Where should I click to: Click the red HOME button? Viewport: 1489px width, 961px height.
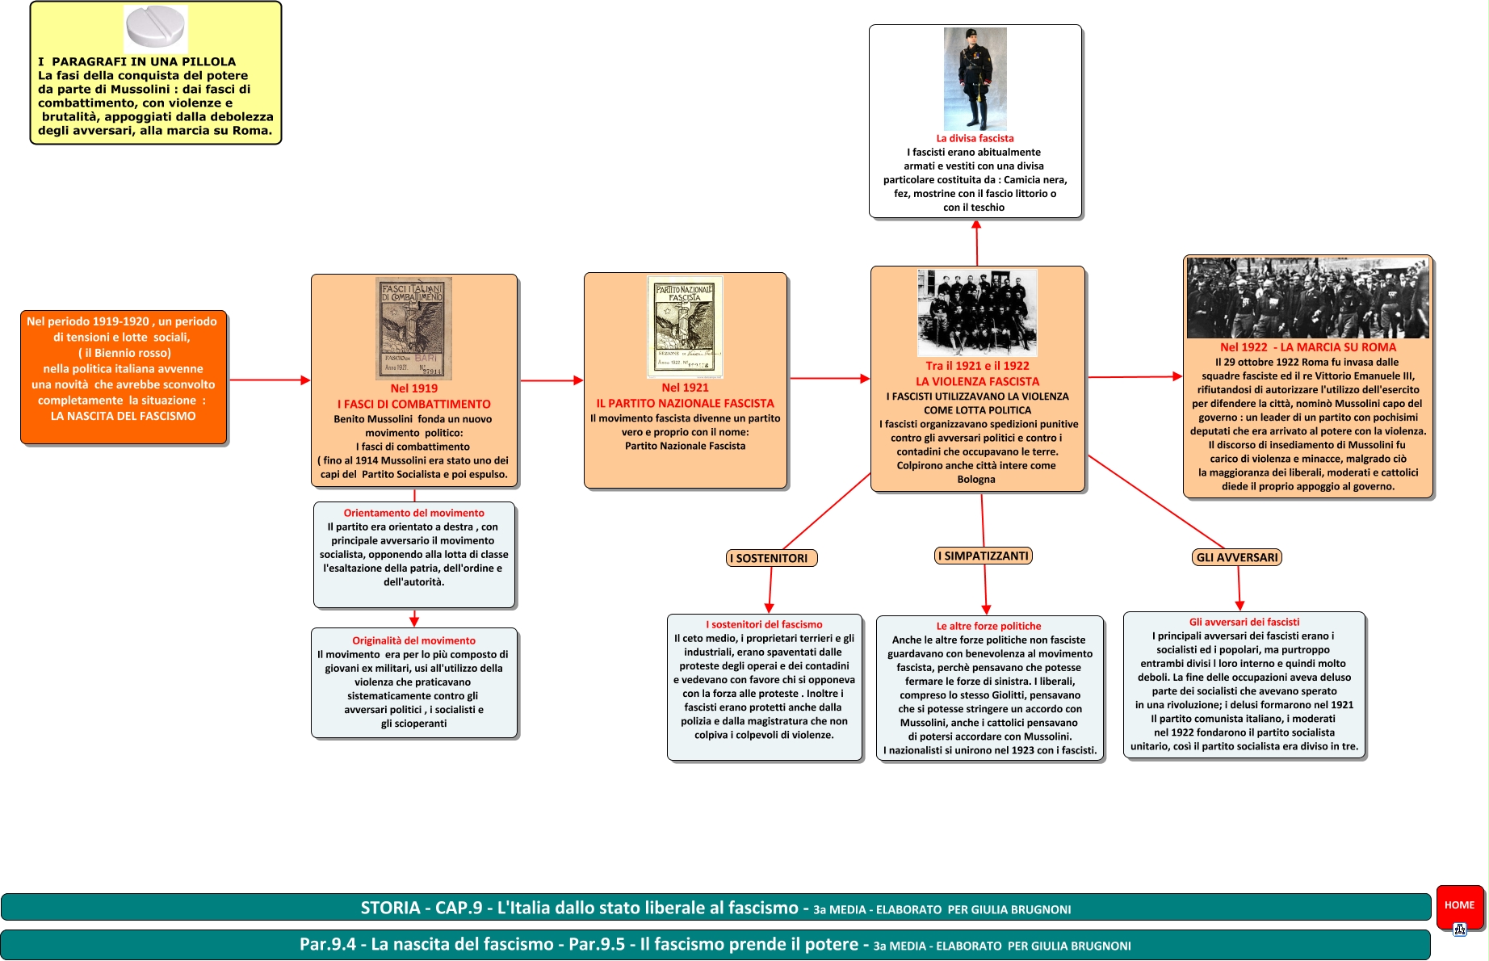[x=1459, y=905]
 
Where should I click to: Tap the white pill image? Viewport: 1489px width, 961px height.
[x=156, y=27]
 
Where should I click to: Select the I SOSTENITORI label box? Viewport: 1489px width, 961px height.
[x=771, y=558]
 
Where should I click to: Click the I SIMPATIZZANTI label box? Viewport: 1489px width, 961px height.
[x=984, y=556]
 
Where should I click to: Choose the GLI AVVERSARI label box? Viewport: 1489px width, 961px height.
[x=1237, y=557]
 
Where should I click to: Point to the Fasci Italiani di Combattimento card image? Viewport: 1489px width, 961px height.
[x=414, y=328]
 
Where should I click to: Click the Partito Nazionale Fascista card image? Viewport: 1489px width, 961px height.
[x=685, y=327]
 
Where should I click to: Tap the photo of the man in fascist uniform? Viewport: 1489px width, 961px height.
[x=975, y=79]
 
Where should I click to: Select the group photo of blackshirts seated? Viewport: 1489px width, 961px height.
[x=977, y=313]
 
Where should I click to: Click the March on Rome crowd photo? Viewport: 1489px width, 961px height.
[x=1307, y=298]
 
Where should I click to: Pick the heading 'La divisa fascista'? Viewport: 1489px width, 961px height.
[x=975, y=138]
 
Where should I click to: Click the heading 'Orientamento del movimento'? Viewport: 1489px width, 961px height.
[x=413, y=513]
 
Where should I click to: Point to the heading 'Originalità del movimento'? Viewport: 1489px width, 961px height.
[x=413, y=640]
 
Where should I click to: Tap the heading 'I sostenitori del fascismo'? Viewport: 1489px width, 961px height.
[x=764, y=624]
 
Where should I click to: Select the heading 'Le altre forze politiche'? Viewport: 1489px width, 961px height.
[x=988, y=626]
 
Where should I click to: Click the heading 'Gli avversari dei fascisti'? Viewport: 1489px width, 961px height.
[x=1244, y=622]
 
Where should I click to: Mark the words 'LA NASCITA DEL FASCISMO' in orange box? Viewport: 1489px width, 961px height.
[x=123, y=416]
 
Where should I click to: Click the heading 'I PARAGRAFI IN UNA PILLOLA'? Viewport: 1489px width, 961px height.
[x=136, y=61]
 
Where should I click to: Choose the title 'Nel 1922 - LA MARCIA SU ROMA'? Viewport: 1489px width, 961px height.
[x=1307, y=347]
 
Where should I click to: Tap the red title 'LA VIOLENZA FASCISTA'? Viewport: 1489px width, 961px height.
[x=977, y=381]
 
